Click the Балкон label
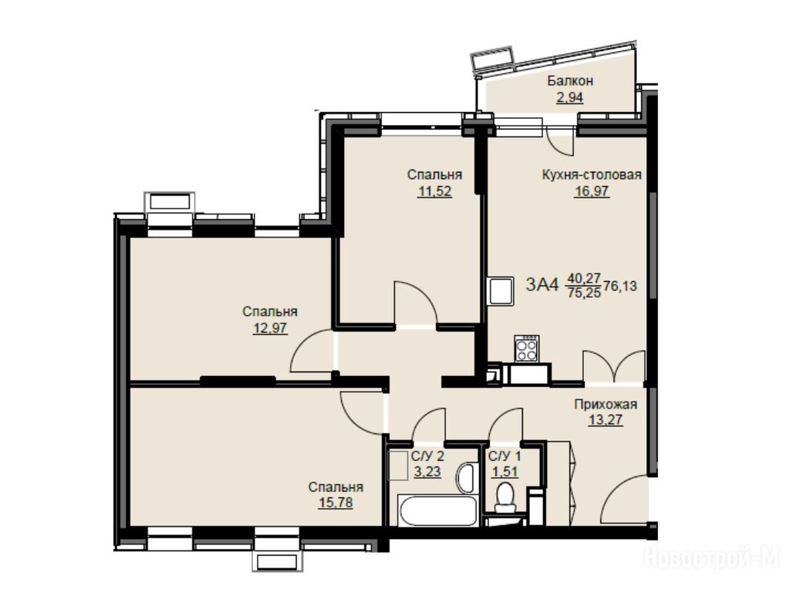coord(570,80)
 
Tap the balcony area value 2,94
coord(570,97)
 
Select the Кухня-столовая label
coord(592,175)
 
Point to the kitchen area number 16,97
coord(592,191)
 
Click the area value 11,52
coord(434,191)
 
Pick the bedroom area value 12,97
coord(270,328)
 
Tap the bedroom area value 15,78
coord(336,503)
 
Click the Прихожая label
coord(606,404)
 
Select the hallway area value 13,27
coord(606,419)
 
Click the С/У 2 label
coord(427,456)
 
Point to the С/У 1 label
coord(505,456)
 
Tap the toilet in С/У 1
coord(504,496)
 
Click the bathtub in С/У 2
coord(437,511)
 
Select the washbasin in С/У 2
coord(466,477)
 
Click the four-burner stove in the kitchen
coord(526,349)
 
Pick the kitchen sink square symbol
coord(500,291)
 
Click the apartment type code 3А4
coord(542,285)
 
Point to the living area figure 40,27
coord(585,277)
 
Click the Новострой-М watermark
coord(712,557)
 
